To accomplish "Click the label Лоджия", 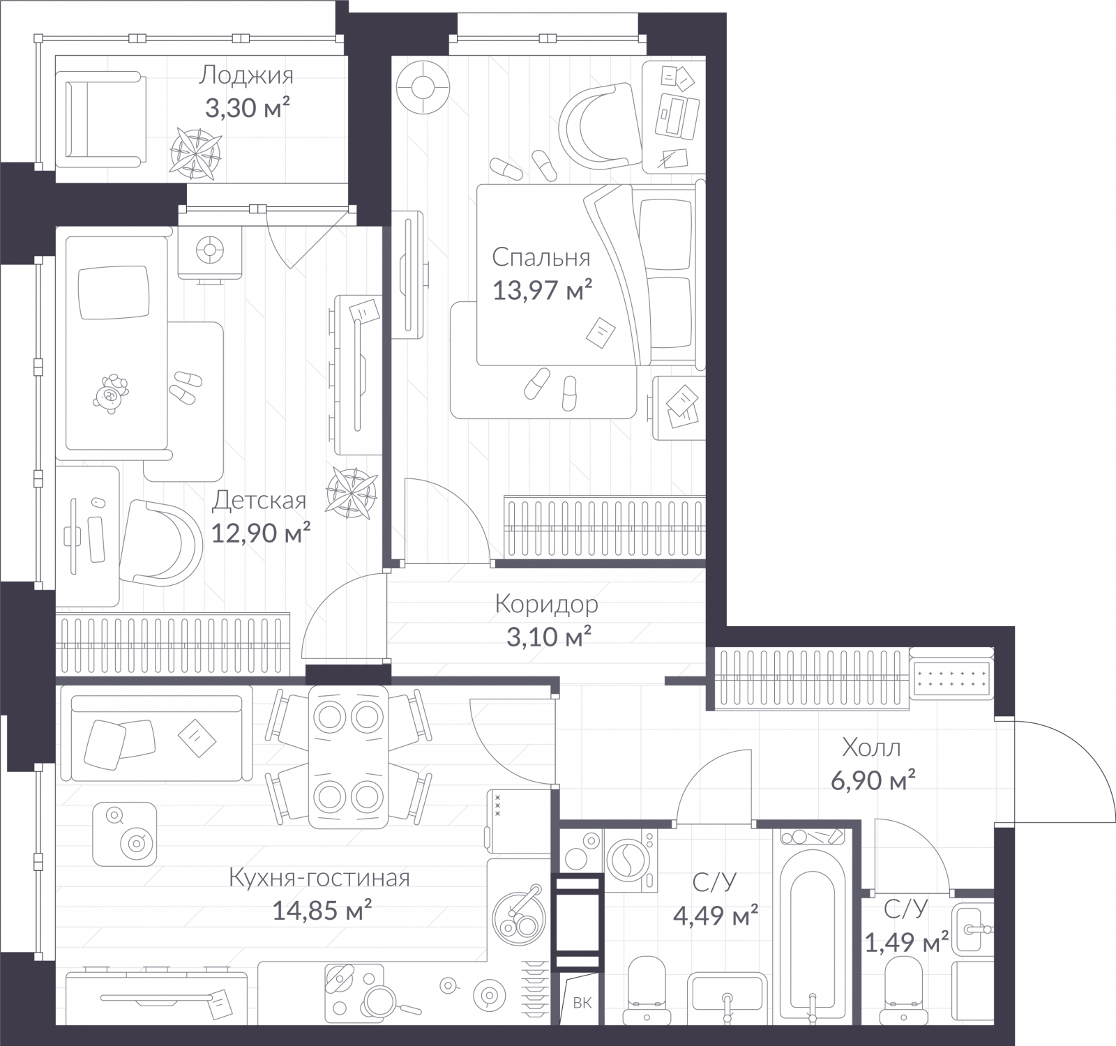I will [246, 75].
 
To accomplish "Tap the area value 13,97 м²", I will [542, 289].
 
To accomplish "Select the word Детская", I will [259, 500].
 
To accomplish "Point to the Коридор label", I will [546, 604].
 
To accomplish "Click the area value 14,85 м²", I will [321, 911].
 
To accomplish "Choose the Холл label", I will [871, 748].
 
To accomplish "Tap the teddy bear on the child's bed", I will [112, 395].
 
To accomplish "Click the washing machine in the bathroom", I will [631, 860].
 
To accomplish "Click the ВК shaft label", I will [582, 1003].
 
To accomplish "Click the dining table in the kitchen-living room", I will [348, 756].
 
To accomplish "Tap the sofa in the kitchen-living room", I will [156, 734].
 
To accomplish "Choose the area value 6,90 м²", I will [873, 780].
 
